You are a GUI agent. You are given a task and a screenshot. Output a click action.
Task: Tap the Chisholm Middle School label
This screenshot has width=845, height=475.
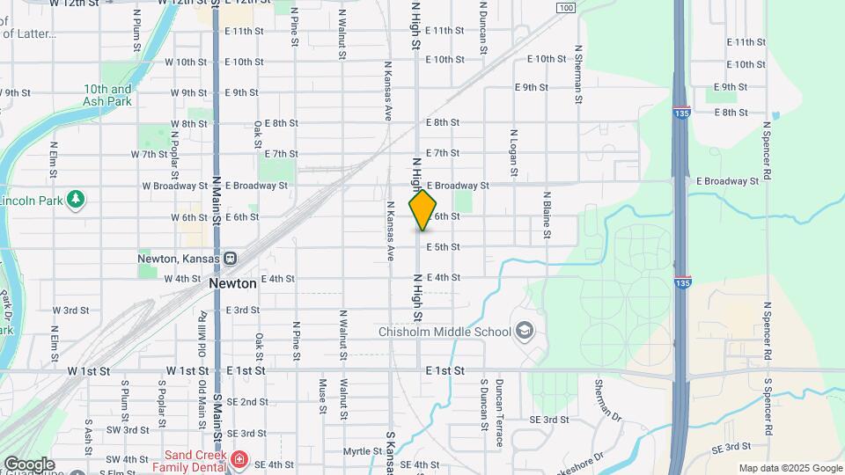(x=444, y=332)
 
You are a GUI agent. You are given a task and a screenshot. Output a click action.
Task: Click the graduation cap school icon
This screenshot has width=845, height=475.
(x=525, y=331)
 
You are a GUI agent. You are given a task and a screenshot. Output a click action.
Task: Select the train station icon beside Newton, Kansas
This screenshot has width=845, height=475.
(x=231, y=259)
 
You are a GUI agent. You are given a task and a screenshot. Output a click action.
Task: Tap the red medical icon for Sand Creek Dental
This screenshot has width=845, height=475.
(x=239, y=459)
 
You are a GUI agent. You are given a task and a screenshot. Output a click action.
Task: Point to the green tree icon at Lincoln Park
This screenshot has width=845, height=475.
(x=76, y=200)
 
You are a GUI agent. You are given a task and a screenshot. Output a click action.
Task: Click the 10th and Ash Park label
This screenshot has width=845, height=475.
(x=107, y=95)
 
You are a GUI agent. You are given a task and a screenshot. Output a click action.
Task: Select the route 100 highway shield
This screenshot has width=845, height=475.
(x=566, y=8)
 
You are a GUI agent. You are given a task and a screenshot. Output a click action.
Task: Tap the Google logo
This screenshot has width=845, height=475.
(x=29, y=464)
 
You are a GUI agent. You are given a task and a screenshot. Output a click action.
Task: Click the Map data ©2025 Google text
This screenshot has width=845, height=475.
(x=790, y=468)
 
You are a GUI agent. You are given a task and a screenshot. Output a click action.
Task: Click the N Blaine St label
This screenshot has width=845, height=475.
(x=547, y=215)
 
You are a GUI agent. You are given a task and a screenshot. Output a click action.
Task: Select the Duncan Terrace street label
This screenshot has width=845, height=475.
(x=499, y=413)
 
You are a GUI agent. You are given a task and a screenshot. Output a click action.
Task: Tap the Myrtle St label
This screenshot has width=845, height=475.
(x=362, y=451)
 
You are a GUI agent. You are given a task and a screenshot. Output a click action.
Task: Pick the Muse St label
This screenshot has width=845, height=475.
(x=323, y=397)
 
